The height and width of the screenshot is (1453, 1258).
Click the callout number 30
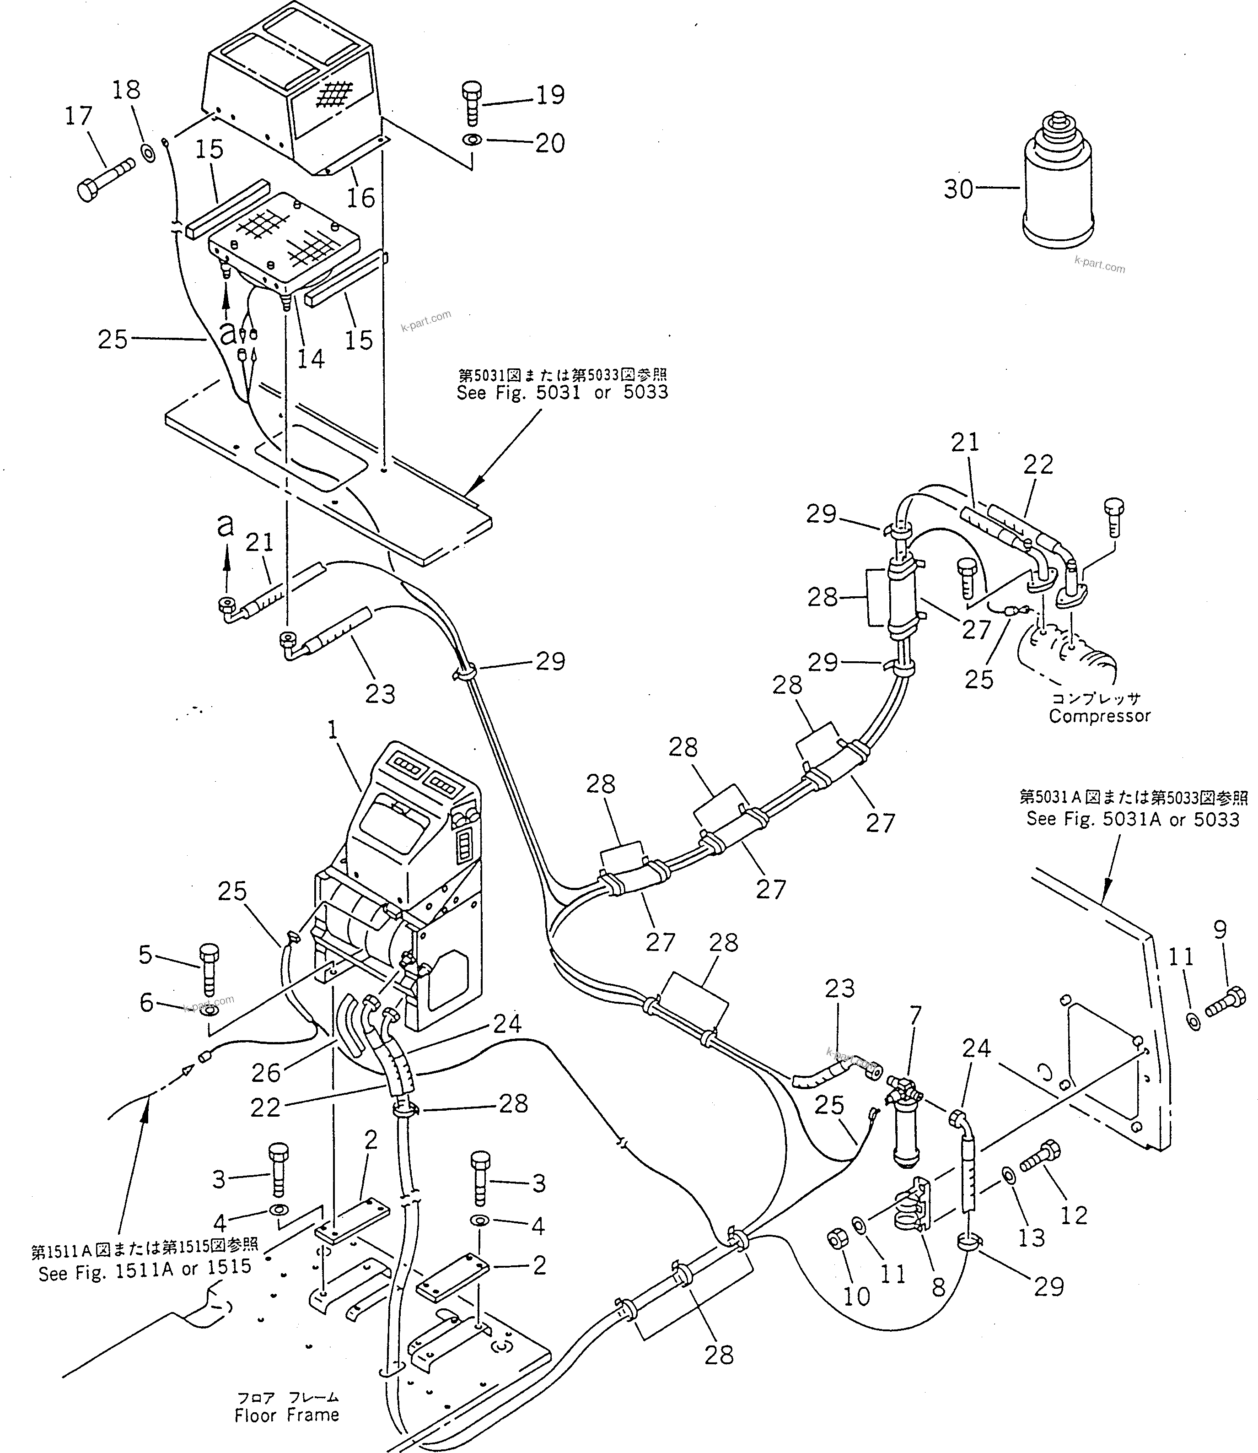pos(958,189)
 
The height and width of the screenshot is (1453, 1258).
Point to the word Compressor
pos(1099,716)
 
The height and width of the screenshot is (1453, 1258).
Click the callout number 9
pos(1220,930)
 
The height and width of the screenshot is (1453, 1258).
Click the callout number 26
pos(266,1072)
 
